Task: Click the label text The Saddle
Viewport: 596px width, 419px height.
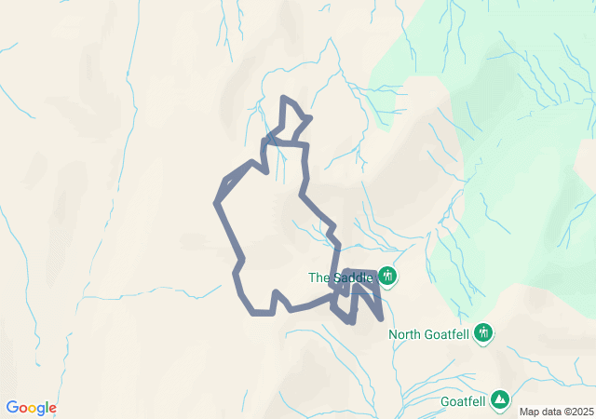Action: tap(341, 277)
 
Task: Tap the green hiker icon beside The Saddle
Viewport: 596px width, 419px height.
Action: tap(387, 277)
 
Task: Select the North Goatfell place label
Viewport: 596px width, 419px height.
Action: tap(429, 334)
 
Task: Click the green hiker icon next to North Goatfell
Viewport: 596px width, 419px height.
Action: tap(482, 332)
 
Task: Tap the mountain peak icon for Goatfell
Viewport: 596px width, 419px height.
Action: tap(500, 399)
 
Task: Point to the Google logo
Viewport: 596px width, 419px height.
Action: tap(31, 408)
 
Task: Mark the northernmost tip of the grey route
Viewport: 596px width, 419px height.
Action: tap(283, 97)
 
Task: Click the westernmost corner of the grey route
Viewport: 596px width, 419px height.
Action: tap(217, 202)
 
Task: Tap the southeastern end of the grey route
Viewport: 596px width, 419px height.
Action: tap(382, 318)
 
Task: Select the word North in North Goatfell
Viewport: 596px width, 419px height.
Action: tap(405, 334)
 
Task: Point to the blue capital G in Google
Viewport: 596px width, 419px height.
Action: tap(12, 408)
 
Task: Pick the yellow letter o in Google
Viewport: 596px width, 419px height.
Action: tap(34, 409)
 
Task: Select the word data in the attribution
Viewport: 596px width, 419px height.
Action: tap(550, 412)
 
